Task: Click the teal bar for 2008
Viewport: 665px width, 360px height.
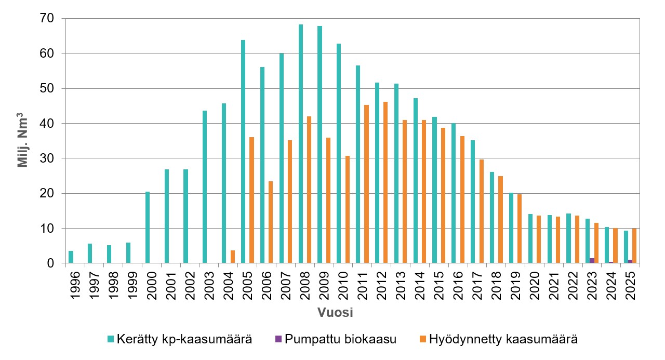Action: tap(301, 144)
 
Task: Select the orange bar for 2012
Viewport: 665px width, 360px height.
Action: tap(385, 182)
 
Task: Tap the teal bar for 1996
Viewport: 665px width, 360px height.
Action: tap(71, 257)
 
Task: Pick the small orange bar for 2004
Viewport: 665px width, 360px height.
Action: tap(233, 257)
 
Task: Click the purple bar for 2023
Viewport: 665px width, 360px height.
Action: tap(592, 261)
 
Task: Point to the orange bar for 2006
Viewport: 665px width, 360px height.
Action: tap(271, 222)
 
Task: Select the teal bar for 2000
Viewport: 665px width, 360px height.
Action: tap(148, 228)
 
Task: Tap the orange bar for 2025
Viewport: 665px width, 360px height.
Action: tap(635, 246)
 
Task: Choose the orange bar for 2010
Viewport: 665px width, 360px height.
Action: tap(347, 209)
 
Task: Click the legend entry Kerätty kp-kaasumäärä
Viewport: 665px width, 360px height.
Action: tap(180, 339)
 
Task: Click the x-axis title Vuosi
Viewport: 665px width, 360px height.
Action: tap(336, 313)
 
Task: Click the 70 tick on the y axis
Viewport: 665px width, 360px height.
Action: tap(47, 18)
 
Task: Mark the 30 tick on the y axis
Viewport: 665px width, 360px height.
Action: tap(47, 158)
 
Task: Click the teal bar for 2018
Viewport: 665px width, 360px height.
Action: tap(492, 218)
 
